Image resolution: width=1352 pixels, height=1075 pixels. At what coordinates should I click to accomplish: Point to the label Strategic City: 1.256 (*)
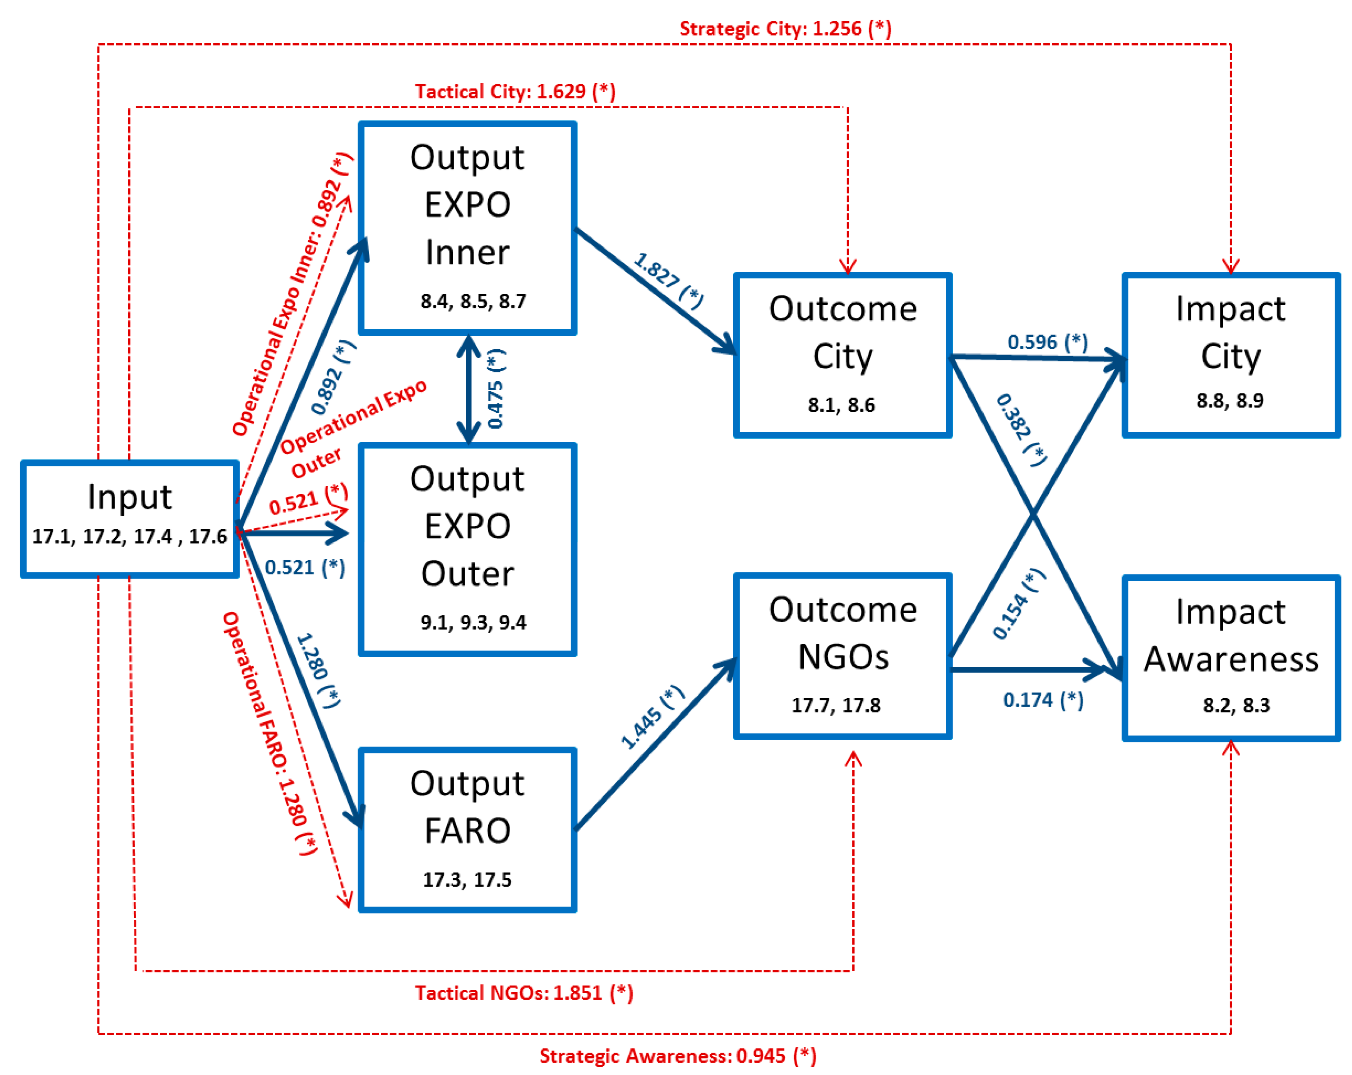[785, 29]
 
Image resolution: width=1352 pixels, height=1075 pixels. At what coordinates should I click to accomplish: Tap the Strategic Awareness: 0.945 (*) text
[677, 1056]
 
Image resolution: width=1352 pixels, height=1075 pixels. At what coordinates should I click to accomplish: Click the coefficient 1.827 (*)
[668, 280]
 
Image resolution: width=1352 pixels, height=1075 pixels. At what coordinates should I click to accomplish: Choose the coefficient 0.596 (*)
[1047, 342]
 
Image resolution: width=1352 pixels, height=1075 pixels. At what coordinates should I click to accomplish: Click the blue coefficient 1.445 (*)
[652, 718]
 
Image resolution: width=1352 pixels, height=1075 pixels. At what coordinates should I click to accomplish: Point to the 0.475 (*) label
[495, 389]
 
